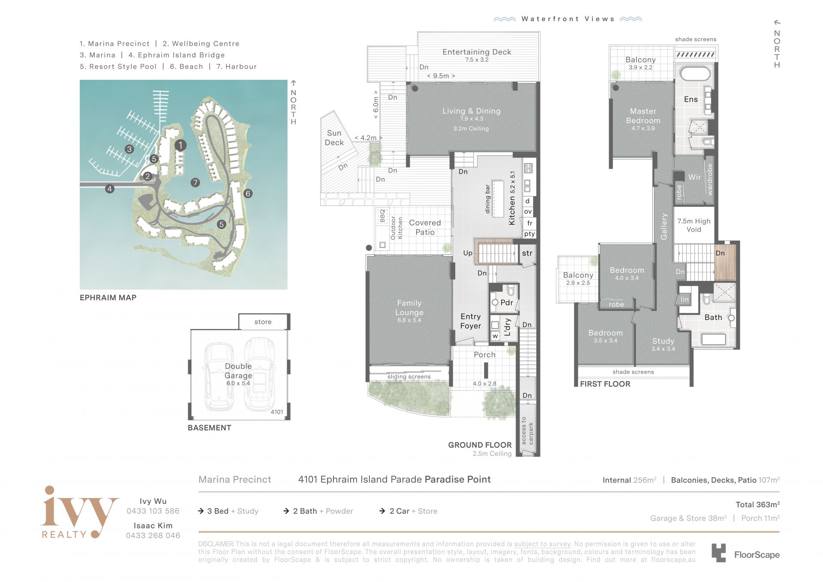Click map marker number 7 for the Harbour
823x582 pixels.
point(195,183)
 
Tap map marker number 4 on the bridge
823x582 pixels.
point(110,189)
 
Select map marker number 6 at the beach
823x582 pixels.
point(248,193)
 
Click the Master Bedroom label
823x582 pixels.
point(643,116)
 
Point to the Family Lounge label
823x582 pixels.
point(409,308)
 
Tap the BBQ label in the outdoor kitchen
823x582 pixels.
point(382,215)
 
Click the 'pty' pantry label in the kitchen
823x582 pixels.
point(529,234)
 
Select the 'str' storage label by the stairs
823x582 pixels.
point(527,253)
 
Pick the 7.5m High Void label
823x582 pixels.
point(694,225)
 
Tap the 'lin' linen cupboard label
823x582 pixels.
point(685,299)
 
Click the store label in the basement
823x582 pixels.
point(263,322)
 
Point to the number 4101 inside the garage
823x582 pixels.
point(277,412)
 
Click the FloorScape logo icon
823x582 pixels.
point(719,553)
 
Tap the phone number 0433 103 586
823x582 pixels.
point(153,511)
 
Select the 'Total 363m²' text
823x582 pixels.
point(757,504)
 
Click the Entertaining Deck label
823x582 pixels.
point(477,52)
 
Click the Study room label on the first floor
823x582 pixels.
point(663,341)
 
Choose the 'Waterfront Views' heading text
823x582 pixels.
point(568,19)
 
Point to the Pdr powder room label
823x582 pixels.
point(507,302)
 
